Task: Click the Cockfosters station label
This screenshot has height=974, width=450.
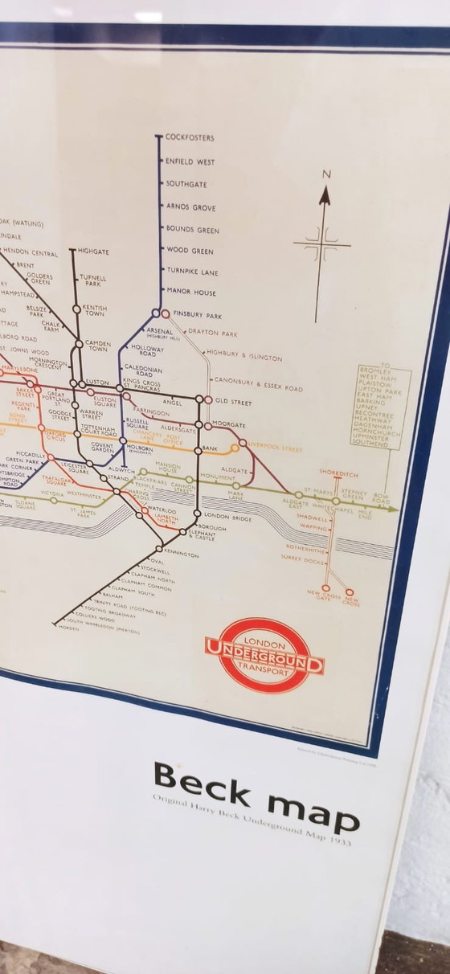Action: coord(190,138)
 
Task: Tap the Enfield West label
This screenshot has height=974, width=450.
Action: coord(190,162)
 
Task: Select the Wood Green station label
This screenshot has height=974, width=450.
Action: coord(190,251)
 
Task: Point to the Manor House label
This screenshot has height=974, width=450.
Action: coord(191,293)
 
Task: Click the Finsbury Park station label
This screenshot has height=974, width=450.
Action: coord(197,315)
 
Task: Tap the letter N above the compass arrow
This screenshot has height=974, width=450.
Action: coord(326,174)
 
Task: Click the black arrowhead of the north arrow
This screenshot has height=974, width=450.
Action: coord(325,195)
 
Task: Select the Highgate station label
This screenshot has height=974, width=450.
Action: coord(94,252)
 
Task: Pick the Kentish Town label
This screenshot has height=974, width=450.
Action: coord(95,309)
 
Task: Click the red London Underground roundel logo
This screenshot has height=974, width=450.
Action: coord(264,655)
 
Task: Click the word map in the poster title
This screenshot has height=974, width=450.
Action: coord(314,810)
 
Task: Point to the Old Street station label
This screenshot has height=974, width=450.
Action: coord(233,402)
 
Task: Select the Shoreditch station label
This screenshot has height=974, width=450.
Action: coord(338,475)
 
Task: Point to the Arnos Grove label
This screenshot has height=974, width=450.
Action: coord(190,207)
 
